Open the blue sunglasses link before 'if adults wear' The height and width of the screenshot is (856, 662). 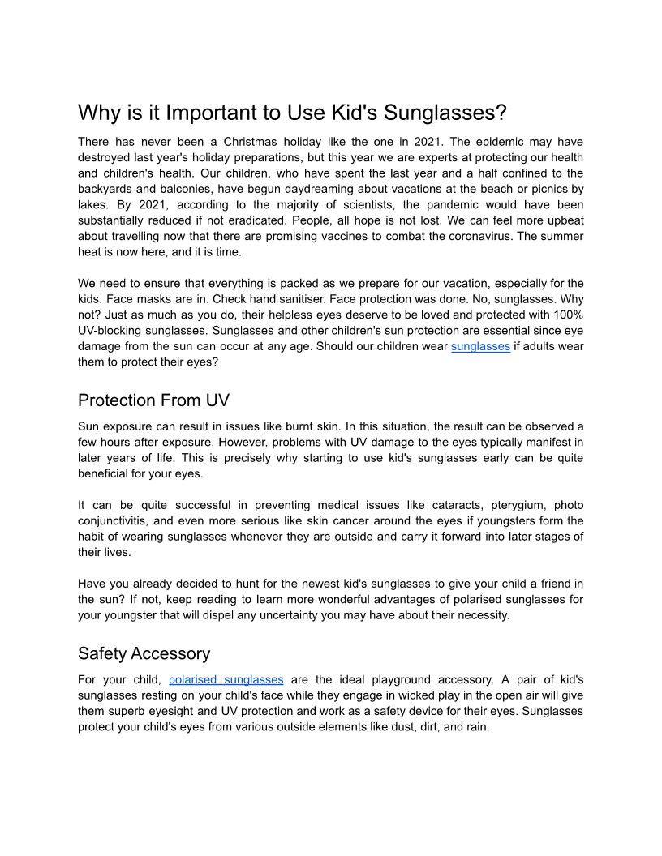(x=480, y=346)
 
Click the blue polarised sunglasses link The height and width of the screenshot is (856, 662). (x=226, y=679)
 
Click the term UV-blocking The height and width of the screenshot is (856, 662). (x=114, y=331)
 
